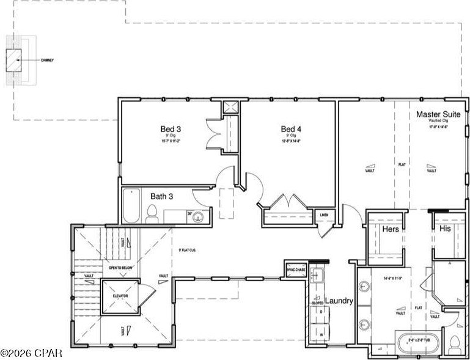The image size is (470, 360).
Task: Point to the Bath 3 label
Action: click(x=161, y=196)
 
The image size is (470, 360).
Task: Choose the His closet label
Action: click(x=445, y=229)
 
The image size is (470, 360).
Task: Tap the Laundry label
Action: click(x=339, y=301)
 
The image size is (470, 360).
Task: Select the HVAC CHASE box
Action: click(x=295, y=270)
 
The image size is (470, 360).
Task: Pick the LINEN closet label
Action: click(x=322, y=215)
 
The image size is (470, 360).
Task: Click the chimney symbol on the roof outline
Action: click(x=14, y=61)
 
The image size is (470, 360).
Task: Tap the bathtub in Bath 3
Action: click(x=131, y=207)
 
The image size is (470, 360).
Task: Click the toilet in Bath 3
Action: click(x=152, y=213)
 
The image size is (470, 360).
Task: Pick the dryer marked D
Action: click(x=320, y=312)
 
